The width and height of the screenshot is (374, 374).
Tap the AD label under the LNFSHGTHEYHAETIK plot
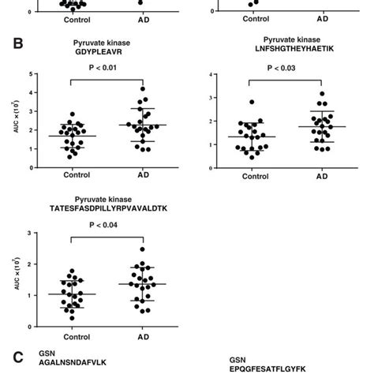(301, 178)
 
